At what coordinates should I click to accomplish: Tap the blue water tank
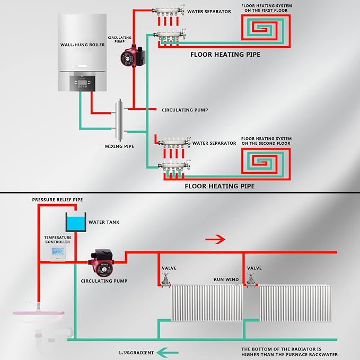click(75, 221)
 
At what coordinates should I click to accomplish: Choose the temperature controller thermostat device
click(57, 253)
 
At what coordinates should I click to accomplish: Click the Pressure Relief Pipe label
click(57, 200)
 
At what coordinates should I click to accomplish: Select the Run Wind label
click(225, 279)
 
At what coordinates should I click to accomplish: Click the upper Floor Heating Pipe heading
click(225, 54)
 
